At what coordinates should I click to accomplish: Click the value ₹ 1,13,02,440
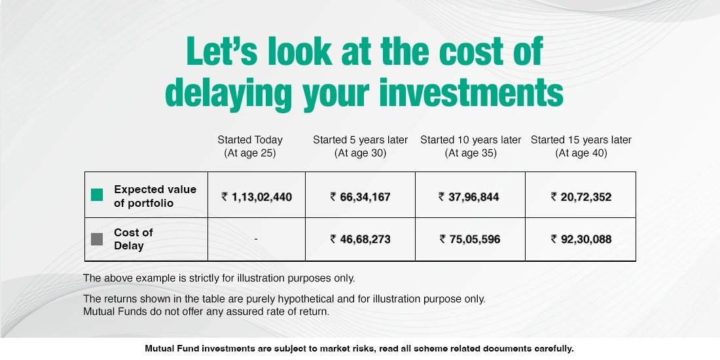tap(257, 196)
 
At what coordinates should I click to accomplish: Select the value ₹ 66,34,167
tap(360, 196)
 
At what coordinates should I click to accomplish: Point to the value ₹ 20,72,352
tap(581, 196)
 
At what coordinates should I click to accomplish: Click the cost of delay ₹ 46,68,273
tap(360, 239)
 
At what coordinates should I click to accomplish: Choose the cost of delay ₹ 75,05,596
tap(469, 239)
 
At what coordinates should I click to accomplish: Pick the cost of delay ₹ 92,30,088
tap(581, 239)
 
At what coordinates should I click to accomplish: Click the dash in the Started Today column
tap(256, 240)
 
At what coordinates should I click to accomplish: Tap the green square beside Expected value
tap(97, 195)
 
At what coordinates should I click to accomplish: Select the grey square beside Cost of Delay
tap(97, 239)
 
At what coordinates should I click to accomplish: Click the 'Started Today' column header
tap(250, 140)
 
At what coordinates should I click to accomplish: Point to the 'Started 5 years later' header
tap(360, 140)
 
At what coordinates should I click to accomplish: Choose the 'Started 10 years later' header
tap(471, 140)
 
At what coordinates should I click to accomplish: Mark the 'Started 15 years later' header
tap(581, 140)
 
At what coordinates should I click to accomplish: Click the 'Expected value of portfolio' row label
tap(154, 196)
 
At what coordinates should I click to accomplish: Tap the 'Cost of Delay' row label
tap(133, 239)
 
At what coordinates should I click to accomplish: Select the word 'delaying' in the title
tap(228, 94)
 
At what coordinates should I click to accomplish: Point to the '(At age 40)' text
tap(581, 153)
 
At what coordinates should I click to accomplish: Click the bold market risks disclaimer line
tap(359, 349)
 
